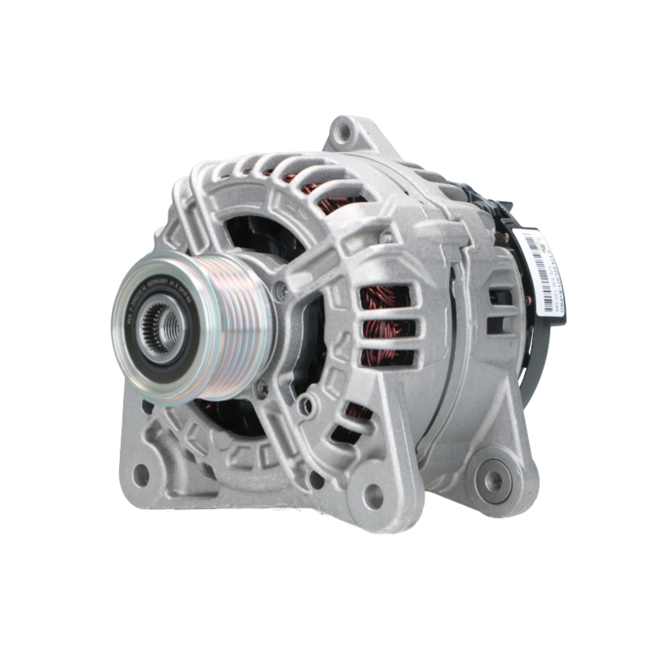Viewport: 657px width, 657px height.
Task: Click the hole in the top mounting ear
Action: point(342,133)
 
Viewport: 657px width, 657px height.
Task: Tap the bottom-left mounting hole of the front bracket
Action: point(141,474)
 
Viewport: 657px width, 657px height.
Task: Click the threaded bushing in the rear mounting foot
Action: point(493,481)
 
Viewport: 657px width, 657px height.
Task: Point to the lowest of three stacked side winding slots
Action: point(388,358)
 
